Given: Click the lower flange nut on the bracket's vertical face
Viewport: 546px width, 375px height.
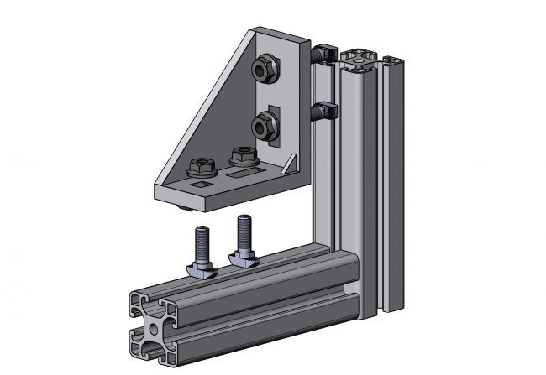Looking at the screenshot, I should [x=262, y=127].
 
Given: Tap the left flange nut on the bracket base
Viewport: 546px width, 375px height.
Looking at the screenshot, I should [x=202, y=166].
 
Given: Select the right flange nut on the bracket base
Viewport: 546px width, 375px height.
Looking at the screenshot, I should [x=242, y=155].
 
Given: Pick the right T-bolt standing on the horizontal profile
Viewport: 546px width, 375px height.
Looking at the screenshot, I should [x=244, y=238].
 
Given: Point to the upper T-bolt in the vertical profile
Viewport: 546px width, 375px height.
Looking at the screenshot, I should [x=324, y=55].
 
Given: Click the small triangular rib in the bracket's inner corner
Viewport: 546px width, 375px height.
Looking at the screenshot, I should [x=290, y=162].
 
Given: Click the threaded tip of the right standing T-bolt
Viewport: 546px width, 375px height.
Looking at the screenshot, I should [x=244, y=220].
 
